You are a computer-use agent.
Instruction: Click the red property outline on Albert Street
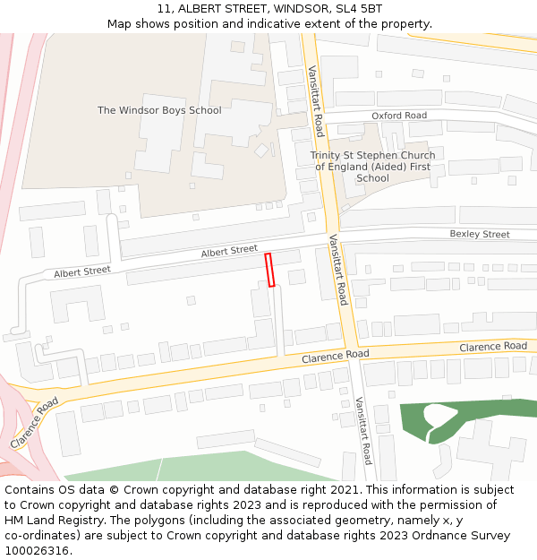[269, 270]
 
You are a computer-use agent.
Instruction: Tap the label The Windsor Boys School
[159, 110]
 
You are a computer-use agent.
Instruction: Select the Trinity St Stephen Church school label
[372, 167]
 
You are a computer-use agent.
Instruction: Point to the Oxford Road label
[399, 116]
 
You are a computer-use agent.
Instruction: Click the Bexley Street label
[479, 235]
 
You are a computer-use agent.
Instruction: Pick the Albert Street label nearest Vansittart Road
[229, 252]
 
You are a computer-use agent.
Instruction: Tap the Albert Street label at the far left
[81, 271]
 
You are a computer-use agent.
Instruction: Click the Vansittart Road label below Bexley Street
[337, 270]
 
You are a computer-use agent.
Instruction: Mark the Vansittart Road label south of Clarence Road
[362, 430]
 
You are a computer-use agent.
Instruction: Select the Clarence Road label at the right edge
[492, 346]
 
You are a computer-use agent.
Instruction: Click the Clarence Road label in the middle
[335, 356]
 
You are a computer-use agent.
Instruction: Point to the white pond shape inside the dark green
[438, 414]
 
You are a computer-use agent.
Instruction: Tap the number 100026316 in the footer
[38, 550]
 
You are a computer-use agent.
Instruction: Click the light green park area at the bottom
[206, 467]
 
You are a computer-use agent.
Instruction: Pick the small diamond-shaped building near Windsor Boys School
[261, 151]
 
